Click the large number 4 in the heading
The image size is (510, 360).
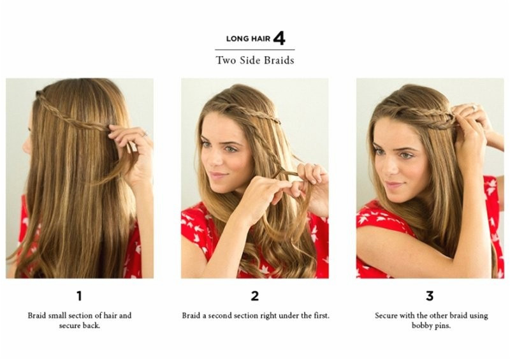279,38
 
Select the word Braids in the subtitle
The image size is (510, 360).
279,60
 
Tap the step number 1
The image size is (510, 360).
79,296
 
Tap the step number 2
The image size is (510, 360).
254,296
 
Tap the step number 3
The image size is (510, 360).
430,296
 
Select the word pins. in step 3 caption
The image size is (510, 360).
442,326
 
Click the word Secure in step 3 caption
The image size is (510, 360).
386,315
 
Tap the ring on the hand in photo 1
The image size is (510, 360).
145,134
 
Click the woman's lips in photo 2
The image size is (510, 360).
217,176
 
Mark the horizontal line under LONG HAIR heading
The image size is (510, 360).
254,50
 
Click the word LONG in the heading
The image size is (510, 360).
237,39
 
